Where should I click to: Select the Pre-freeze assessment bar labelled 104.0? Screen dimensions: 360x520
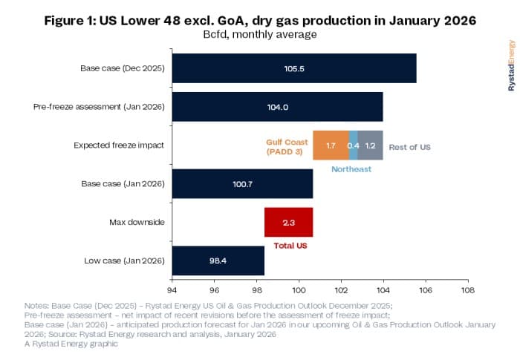[277, 107]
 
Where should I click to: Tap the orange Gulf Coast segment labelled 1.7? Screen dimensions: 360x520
[331, 145]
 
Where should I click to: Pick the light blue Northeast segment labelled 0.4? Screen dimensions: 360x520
[354, 145]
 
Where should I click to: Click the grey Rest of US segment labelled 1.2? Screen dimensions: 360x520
[370, 145]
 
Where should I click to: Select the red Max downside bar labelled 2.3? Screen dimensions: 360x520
[288, 222]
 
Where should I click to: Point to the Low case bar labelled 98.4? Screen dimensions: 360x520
[218, 261]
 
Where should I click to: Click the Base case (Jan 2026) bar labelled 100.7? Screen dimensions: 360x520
[242, 184]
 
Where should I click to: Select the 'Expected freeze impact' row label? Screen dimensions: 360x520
[119, 145]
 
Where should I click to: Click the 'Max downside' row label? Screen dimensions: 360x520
[140, 222]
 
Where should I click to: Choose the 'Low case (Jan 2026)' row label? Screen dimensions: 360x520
[125, 261]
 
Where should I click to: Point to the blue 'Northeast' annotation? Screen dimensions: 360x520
[351, 169]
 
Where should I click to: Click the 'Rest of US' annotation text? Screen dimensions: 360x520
[409, 146]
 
